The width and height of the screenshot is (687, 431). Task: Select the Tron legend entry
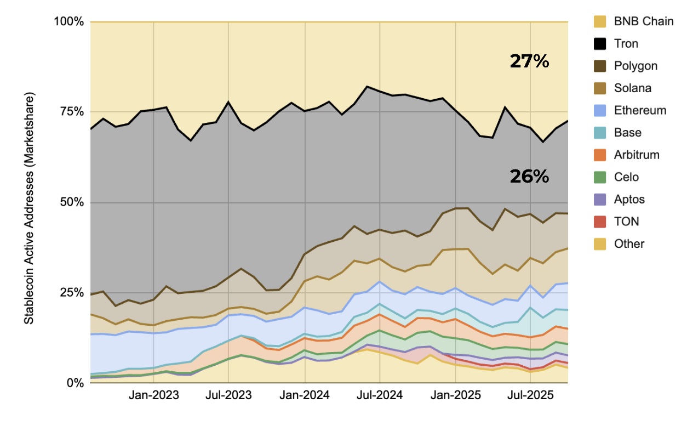click(626, 44)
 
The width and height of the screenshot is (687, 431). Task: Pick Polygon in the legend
click(636, 66)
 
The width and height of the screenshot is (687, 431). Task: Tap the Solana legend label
click(633, 88)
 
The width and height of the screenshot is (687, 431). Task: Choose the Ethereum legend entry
click(640, 111)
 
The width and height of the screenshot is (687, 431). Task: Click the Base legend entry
click(627, 133)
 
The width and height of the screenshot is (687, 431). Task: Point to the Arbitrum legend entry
click(637, 155)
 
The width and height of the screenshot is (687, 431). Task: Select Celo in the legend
click(626, 177)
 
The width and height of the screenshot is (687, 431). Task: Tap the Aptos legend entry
click(629, 200)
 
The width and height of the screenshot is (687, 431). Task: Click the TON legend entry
click(626, 222)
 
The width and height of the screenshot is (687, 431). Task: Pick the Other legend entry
click(629, 244)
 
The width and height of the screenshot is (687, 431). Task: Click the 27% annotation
click(529, 61)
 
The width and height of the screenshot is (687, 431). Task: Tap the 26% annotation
click(529, 176)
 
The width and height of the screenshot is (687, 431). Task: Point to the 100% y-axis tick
click(68, 22)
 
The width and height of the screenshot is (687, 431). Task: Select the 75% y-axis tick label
click(71, 112)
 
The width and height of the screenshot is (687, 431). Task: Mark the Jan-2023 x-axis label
click(153, 395)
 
